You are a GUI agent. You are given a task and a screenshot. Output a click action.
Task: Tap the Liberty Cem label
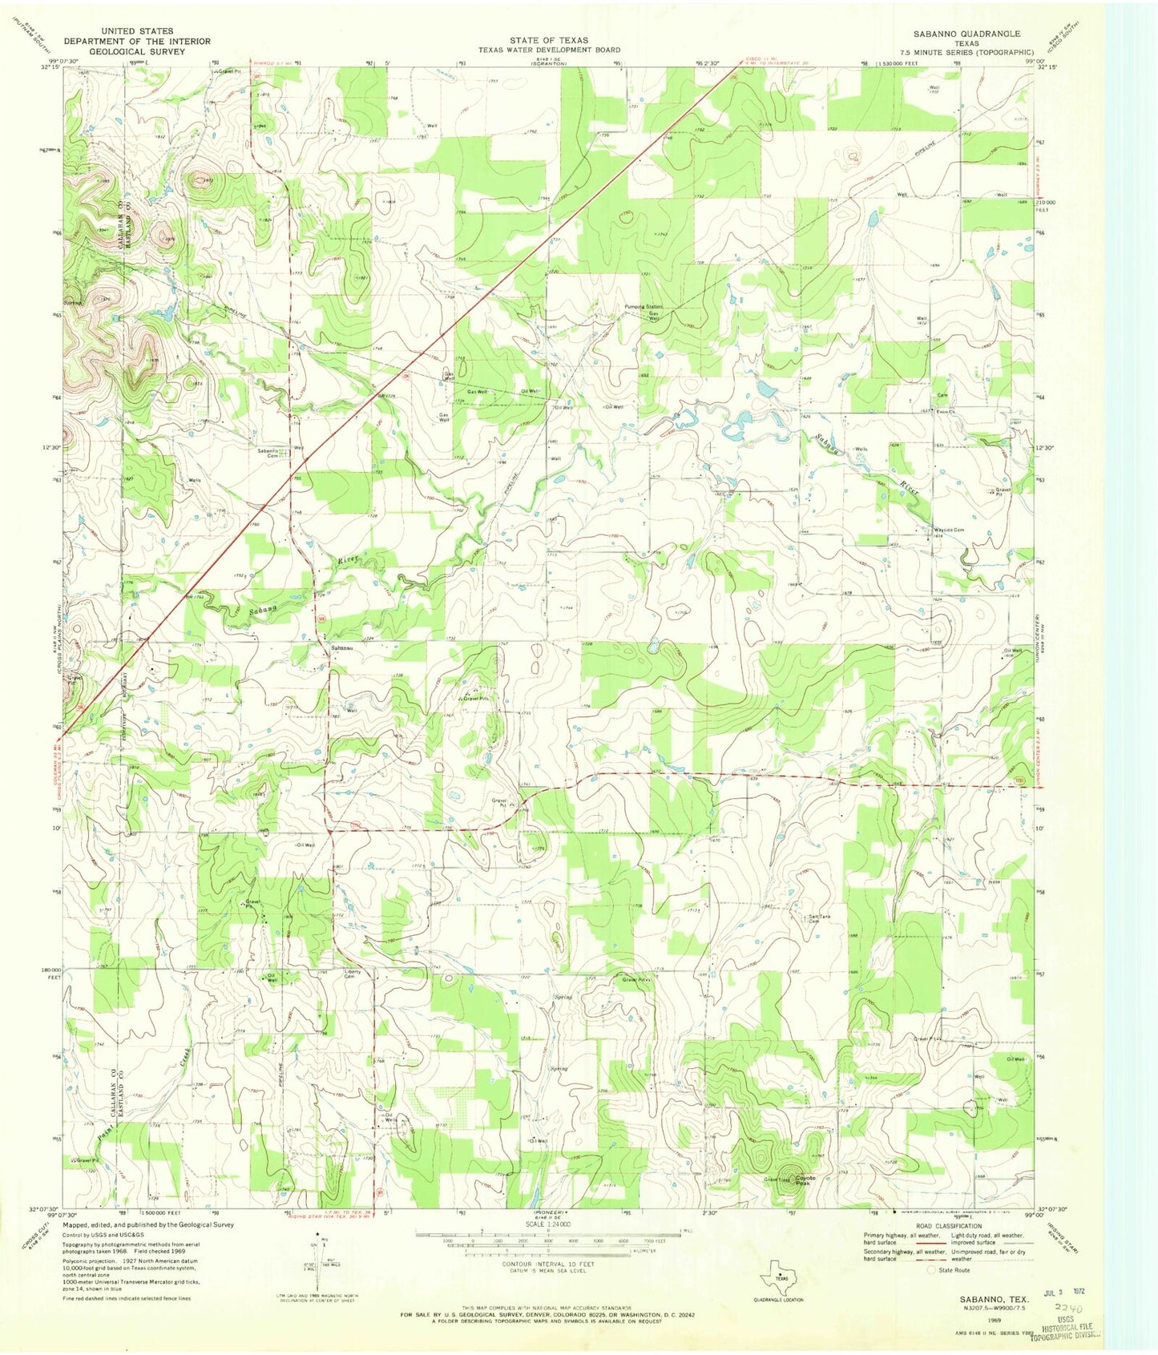tap(353, 975)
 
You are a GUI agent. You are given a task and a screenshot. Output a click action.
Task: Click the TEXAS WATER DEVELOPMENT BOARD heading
tap(549, 50)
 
